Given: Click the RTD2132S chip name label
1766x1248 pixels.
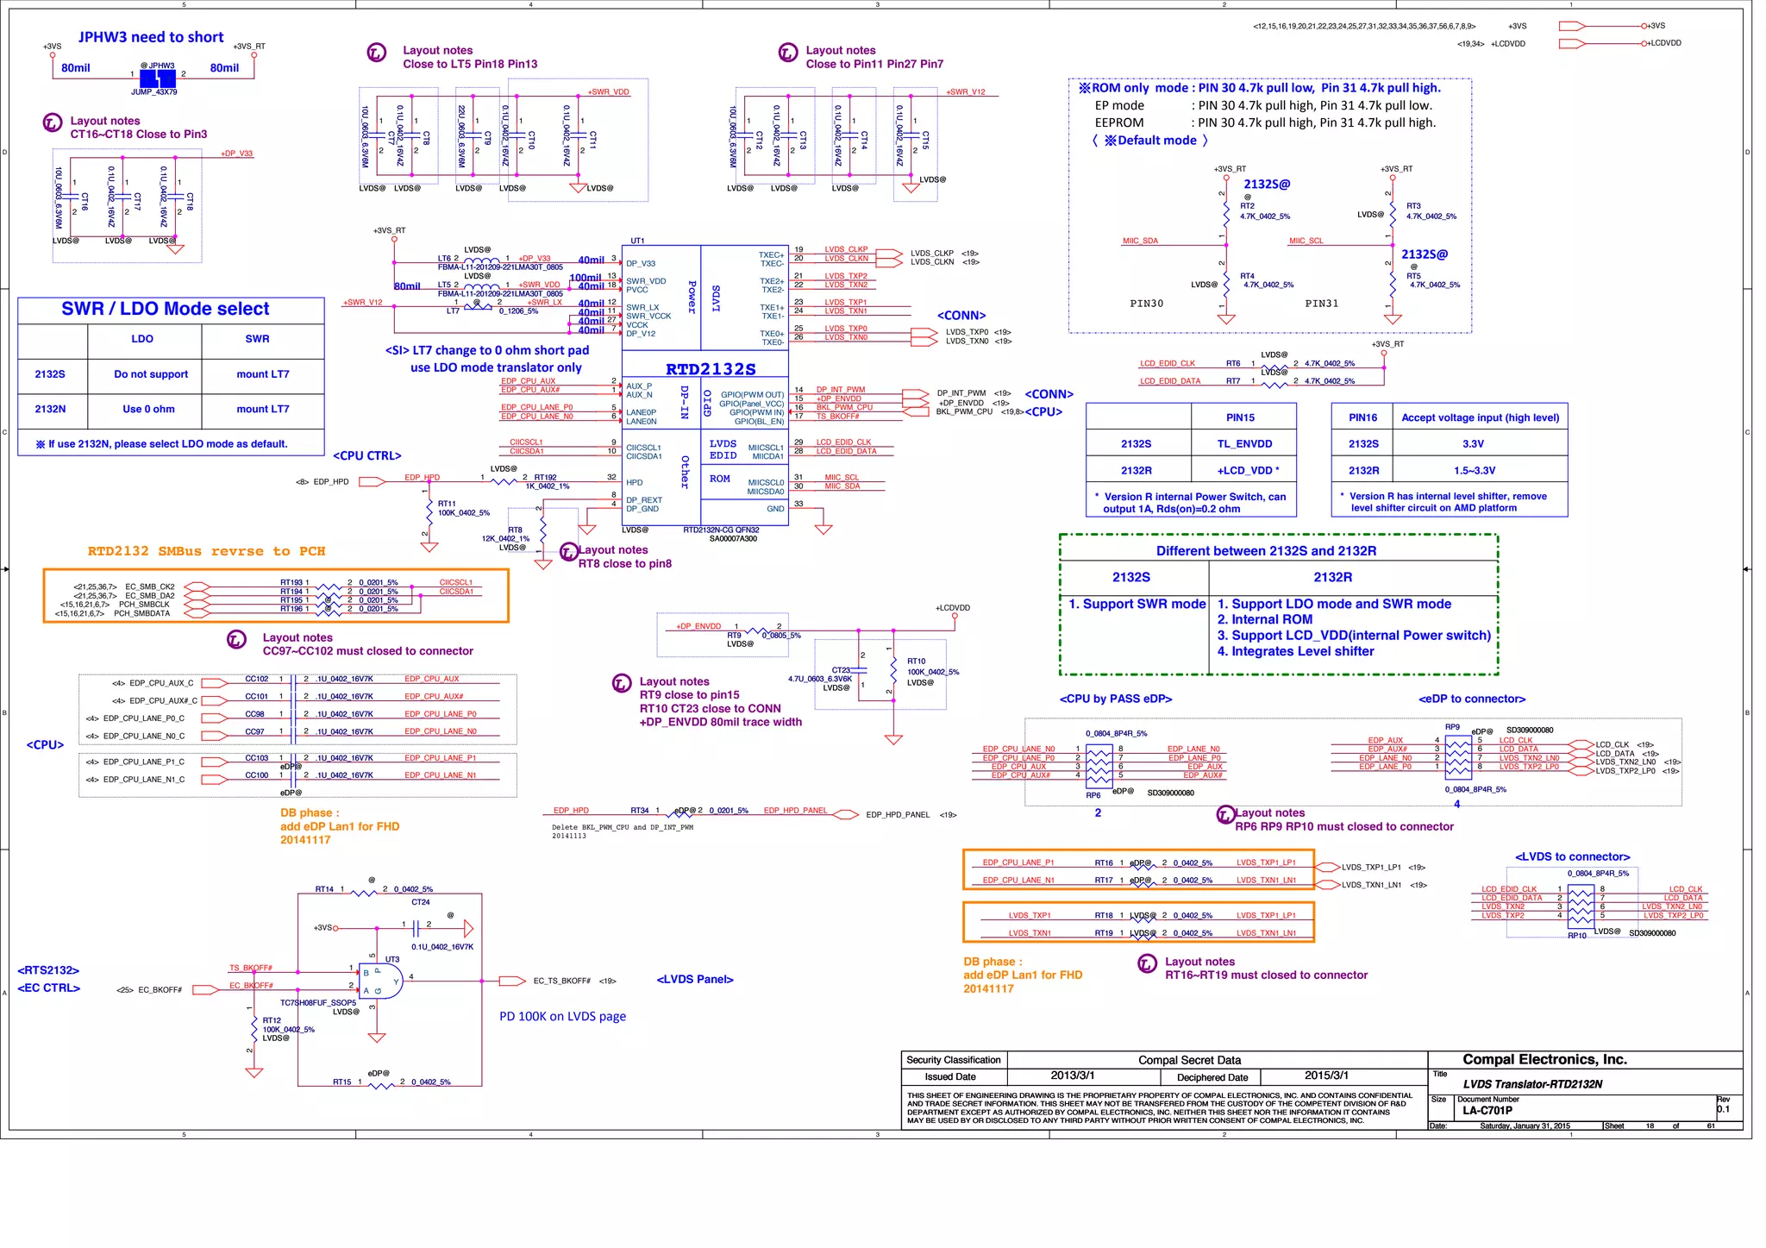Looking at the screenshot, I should (x=711, y=369).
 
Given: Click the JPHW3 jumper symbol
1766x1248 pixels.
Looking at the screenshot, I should (x=158, y=78).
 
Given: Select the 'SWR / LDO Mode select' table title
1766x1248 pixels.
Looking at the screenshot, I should (x=166, y=309).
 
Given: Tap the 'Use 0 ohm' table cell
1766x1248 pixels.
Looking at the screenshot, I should (x=148, y=409).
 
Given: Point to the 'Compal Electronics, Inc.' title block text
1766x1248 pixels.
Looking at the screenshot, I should (x=1544, y=1059).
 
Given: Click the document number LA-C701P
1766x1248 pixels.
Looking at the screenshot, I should (x=1487, y=1110).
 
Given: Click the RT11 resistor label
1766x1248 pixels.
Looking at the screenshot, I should (x=446, y=503).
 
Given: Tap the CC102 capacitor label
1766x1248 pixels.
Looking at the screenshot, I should (x=256, y=679).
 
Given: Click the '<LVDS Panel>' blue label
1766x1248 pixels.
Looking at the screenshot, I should (x=695, y=979).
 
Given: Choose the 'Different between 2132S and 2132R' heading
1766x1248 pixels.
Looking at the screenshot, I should (x=1266, y=550).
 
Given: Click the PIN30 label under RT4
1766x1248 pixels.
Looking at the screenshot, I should (x=1146, y=304).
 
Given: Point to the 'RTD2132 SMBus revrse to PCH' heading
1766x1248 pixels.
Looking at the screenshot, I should (x=206, y=551).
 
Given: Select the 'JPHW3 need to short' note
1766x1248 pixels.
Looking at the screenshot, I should (x=151, y=37).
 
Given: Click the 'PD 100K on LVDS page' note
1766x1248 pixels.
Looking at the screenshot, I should (x=562, y=1016).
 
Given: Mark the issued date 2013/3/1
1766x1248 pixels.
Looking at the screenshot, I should (x=1073, y=1076).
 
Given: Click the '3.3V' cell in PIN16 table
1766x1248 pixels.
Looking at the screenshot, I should (x=1473, y=443).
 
